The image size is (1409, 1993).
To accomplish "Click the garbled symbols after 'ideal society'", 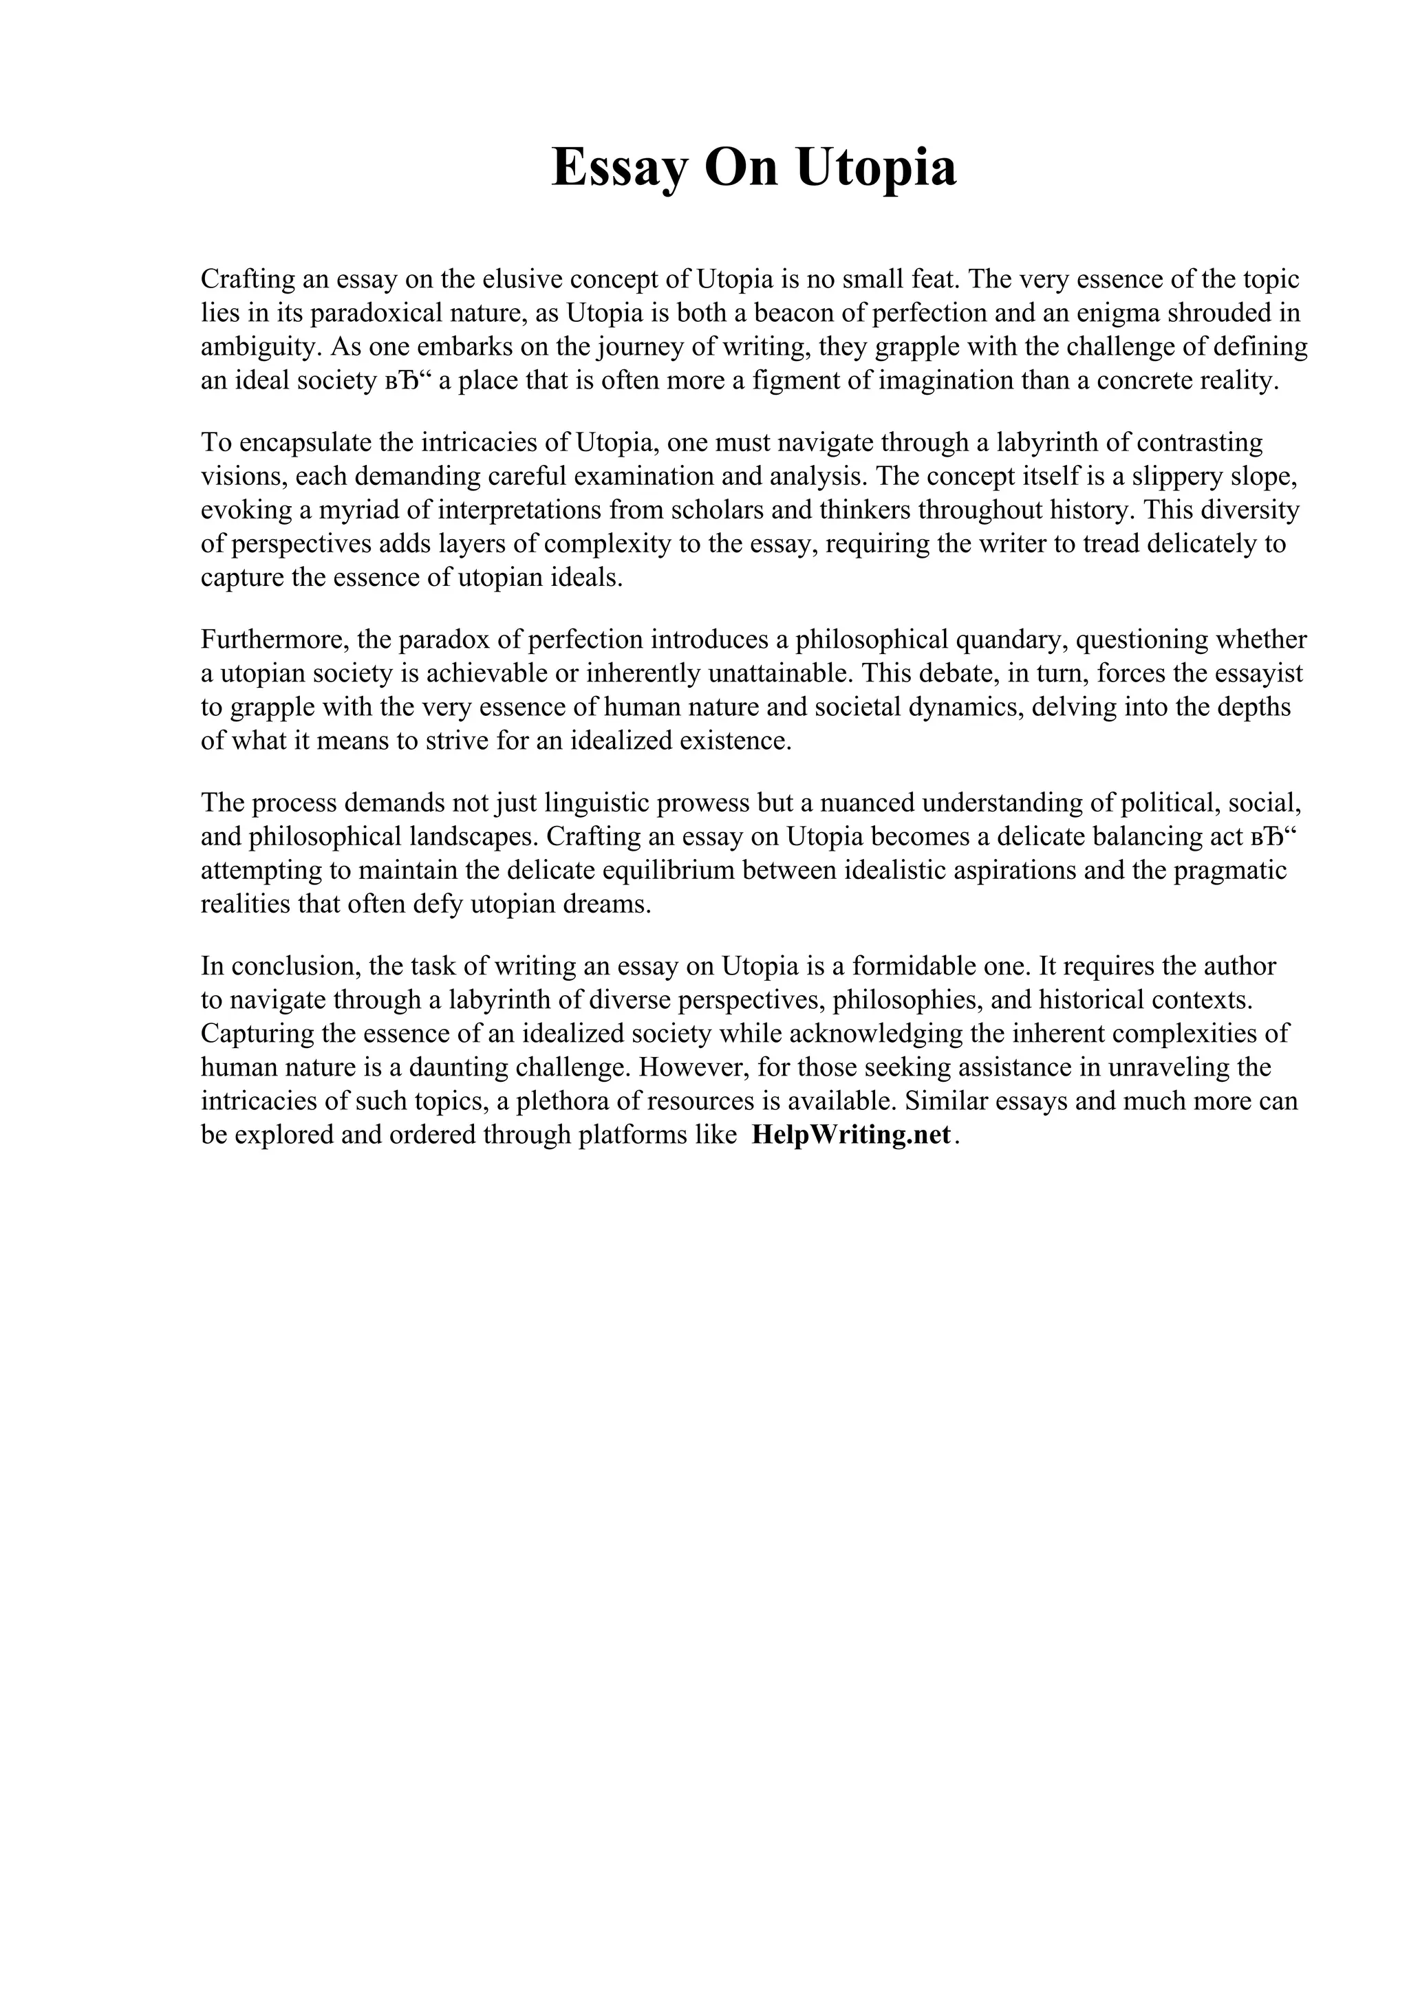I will (x=408, y=381).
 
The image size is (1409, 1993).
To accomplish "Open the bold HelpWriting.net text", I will (x=851, y=1135).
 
